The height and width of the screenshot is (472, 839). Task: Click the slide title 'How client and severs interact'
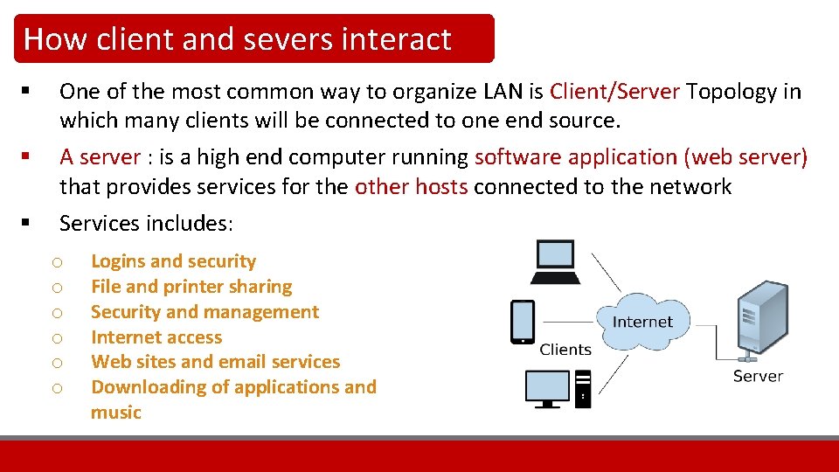coord(237,39)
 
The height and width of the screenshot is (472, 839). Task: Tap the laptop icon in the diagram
coord(556,262)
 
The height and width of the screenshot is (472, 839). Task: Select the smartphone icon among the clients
coord(523,322)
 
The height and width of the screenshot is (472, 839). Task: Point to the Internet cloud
coord(642,322)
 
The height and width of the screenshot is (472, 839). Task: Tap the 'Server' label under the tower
coord(758,376)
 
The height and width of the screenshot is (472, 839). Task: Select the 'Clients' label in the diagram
coord(565,350)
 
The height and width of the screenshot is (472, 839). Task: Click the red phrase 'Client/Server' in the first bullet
coord(614,92)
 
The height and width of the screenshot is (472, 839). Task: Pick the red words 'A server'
coord(100,157)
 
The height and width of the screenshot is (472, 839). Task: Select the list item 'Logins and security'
coord(173,261)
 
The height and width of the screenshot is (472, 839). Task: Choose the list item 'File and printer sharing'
coord(191,287)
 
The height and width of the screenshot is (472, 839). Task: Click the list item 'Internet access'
coord(156,337)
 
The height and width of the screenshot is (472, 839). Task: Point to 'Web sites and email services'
coord(215,362)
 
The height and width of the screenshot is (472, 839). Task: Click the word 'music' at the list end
coord(115,413)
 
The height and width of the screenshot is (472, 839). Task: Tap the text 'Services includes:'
coord(146,224)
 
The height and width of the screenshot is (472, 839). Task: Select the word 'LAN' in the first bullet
coord(501,92)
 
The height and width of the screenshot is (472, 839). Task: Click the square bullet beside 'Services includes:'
coord(29,222)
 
